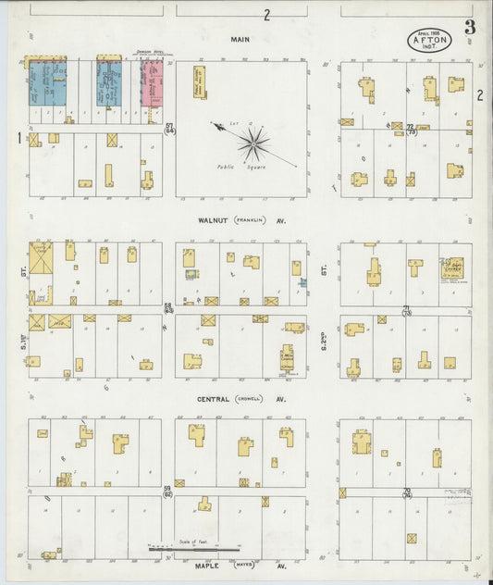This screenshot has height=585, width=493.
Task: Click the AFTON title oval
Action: pos(428,40)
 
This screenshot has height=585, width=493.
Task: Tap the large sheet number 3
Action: pos(470,28)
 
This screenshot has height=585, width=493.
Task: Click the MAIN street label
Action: pos(243,40)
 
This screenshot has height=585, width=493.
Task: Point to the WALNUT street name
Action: pos(214,220)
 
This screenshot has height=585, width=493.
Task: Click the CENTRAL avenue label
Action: pos(215,399)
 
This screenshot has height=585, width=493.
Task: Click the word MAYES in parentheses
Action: pos(243,563)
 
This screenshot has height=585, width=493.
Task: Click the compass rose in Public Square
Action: pos(253,143)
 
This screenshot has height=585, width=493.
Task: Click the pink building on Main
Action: pos(152,84)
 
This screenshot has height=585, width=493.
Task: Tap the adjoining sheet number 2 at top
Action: pos(266,15)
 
